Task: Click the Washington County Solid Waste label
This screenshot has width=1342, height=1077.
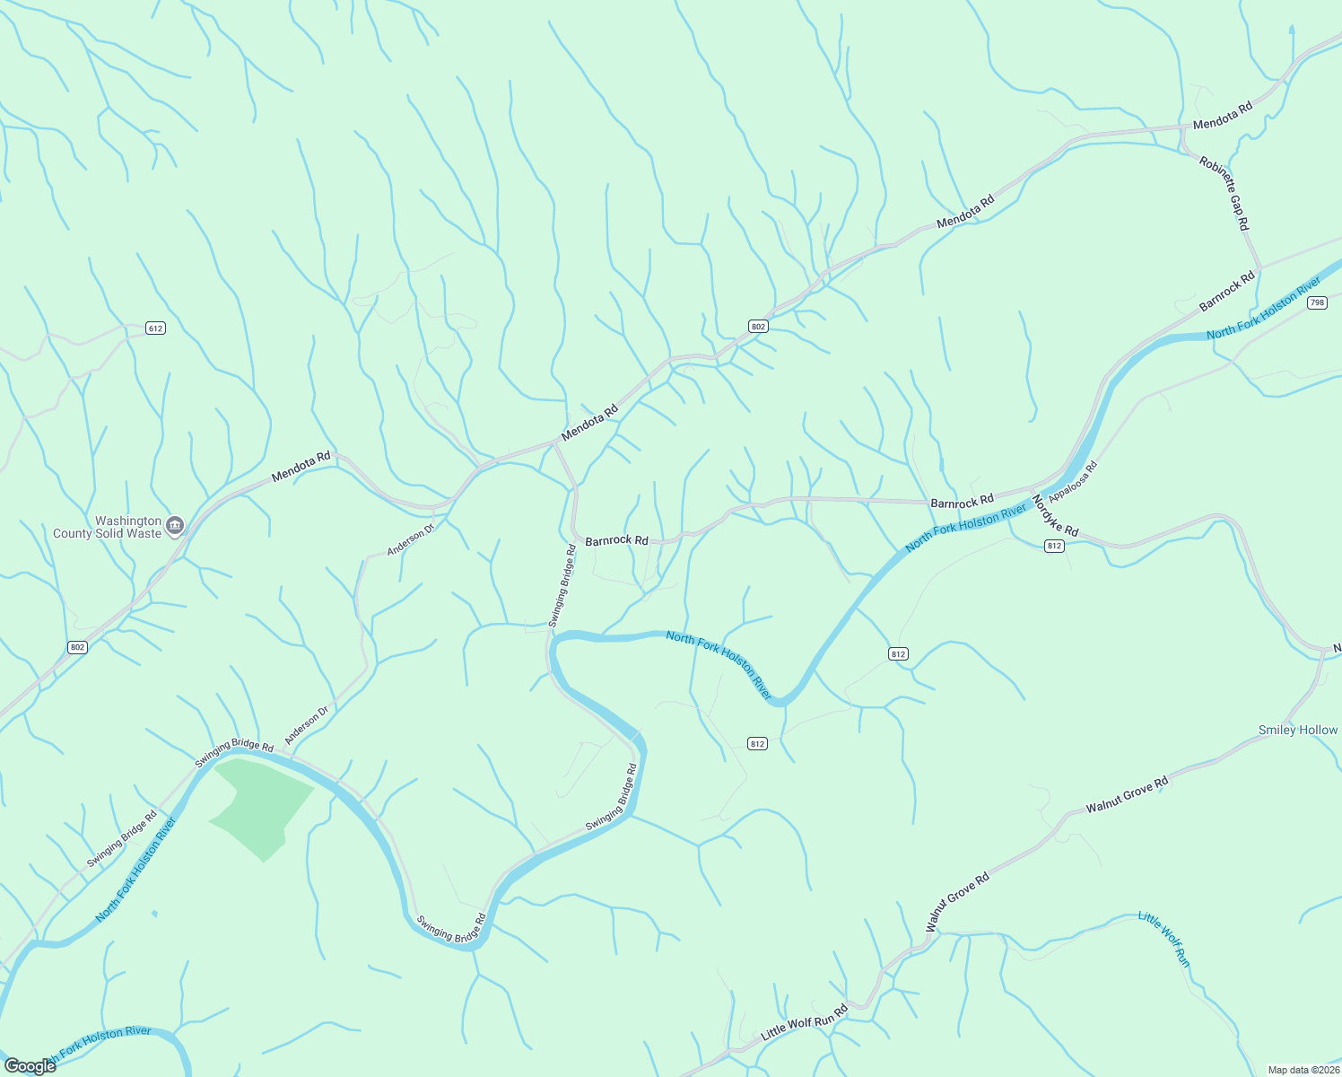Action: click(107, 527)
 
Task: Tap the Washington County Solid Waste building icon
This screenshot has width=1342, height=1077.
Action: click(175, 525)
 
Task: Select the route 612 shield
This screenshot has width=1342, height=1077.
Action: click(156, 328)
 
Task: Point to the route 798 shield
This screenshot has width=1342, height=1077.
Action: click(1316, 302)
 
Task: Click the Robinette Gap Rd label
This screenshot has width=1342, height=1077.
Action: click(1224, 193)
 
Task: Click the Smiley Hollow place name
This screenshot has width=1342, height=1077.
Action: click(1297, 730)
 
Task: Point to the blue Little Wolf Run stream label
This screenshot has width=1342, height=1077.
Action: click(1163, 939)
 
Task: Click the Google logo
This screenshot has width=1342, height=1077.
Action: click(30, 1066)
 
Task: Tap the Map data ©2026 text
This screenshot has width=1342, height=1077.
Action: click(1302, 1070)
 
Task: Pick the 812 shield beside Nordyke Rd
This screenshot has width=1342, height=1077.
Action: click(1054, 546)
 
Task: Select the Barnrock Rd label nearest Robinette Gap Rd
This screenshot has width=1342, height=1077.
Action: click(1227, 293)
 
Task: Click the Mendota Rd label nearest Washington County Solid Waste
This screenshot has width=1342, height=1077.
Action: click(301, 466)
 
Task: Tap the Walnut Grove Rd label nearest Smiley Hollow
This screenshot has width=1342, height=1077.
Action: click(1127, 795)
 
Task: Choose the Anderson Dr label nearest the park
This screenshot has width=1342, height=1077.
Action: click(307, 725)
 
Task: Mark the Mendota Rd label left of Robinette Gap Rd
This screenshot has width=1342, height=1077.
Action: click(1222, 116)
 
